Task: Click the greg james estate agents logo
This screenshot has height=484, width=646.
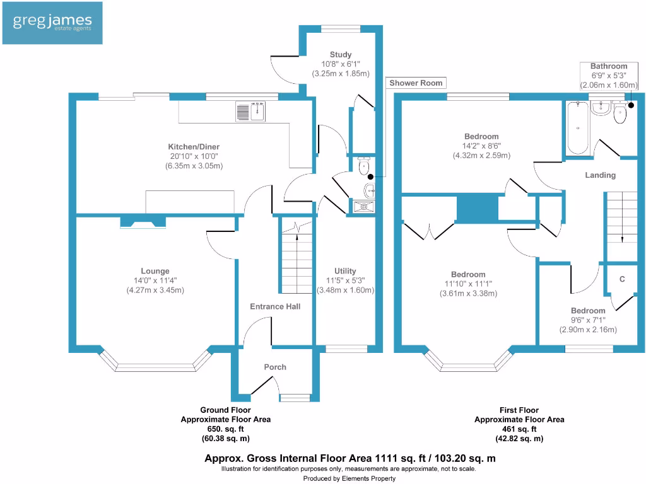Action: point(52,23)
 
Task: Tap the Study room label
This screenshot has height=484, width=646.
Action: point(341,55)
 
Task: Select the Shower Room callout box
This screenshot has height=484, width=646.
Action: point(416,83)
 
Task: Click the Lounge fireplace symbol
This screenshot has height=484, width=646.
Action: point(143,221)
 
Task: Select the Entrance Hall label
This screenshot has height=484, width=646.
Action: point(275,306)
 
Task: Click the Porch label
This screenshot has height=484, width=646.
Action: point(275,367)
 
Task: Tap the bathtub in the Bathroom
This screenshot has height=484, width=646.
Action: point(578,128)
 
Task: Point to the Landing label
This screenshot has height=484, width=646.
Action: point(600,175)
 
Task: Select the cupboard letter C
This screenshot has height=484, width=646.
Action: point(622,278)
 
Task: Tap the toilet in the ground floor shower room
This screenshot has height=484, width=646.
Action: point(363,168)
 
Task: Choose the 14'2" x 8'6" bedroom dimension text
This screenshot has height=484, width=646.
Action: point(481,146)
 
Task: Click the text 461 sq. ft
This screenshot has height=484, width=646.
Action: point(519,429)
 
